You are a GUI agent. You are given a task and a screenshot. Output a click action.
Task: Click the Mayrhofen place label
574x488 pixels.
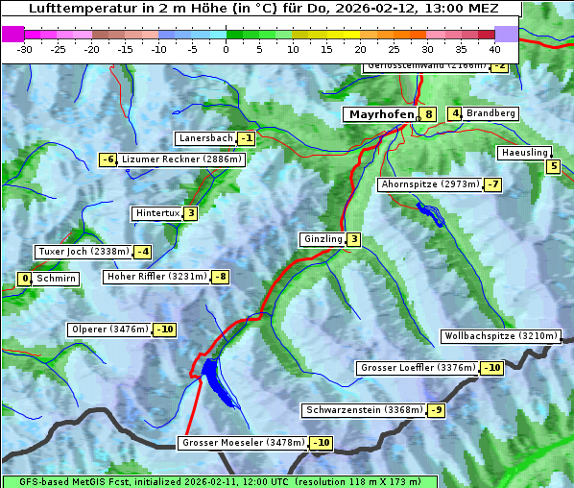pyautogui.click(x=381, y=114)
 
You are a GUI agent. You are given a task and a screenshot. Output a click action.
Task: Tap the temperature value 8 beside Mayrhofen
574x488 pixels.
pyautogui.click(x=428, y=114)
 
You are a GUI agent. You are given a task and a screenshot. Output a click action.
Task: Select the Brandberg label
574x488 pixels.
pyautogui.click(x=491, y=113)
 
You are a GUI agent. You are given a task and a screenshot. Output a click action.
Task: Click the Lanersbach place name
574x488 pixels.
pyautogui.click(x=205, y=138)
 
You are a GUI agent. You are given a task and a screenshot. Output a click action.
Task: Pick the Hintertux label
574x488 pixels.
pyautogui.click(x=157, y=213)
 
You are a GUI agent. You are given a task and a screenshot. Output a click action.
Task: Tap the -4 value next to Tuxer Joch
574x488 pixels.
pyautogui.click(x=143, y=252)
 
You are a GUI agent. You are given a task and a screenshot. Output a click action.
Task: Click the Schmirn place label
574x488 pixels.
pyautogui.click(x=56, y=279)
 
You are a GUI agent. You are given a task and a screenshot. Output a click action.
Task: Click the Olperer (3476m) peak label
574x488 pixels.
pyautogui.click(x=109, y=329)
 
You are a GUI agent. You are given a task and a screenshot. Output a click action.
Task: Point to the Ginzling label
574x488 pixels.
pyautogui.click(x=322, y=239)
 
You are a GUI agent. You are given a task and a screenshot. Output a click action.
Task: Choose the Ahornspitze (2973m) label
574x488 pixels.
pyautogui.click(x=430, y=183)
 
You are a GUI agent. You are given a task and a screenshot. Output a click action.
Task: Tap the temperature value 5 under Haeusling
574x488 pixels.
pyautogui.click(x=553, y=167)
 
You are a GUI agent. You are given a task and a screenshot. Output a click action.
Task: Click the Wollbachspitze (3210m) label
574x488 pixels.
pyautogui.click(x=500, y=336)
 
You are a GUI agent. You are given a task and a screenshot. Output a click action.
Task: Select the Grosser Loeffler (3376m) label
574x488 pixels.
pyautogui.click(x=418, y=368)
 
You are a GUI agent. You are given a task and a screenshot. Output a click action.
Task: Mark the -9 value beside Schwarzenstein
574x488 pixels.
pyautogui.click(x=437, y=410)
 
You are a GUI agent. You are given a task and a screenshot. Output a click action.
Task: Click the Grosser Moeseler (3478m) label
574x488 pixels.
pyautogui.click(x=242, y=443)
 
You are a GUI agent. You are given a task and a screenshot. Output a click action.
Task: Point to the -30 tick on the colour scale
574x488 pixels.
pyautogui.click(x=26, y=48)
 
